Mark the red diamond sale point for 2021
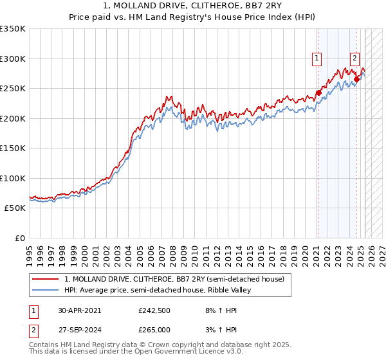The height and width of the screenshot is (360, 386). pos(318,93)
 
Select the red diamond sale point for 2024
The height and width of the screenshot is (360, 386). pos(356,79)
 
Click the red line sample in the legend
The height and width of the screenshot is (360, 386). pos(45,278)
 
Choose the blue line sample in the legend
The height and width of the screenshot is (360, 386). pos(45,290)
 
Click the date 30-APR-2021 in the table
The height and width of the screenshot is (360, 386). pos(80,310)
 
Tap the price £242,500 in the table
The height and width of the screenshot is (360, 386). pos(154,310)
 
